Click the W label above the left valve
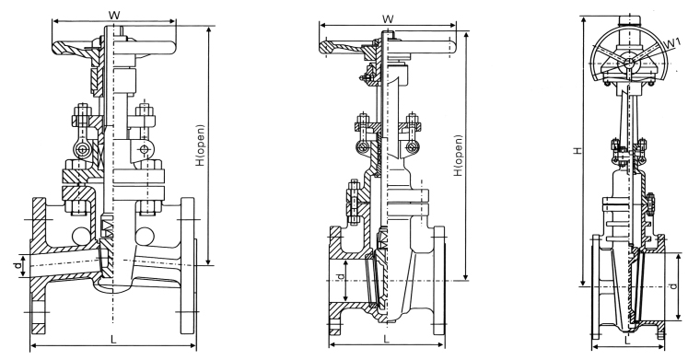pos(114,15)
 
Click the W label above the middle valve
pos(388,18)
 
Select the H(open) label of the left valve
pos(201,145)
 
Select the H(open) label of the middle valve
pos(459,156)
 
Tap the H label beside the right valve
pos(578,150)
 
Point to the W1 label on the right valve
pos(670,43)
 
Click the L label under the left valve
pos(113,339)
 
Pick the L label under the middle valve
pos(386,339)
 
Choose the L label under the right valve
pos(627,340)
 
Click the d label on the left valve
pos(17,265)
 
